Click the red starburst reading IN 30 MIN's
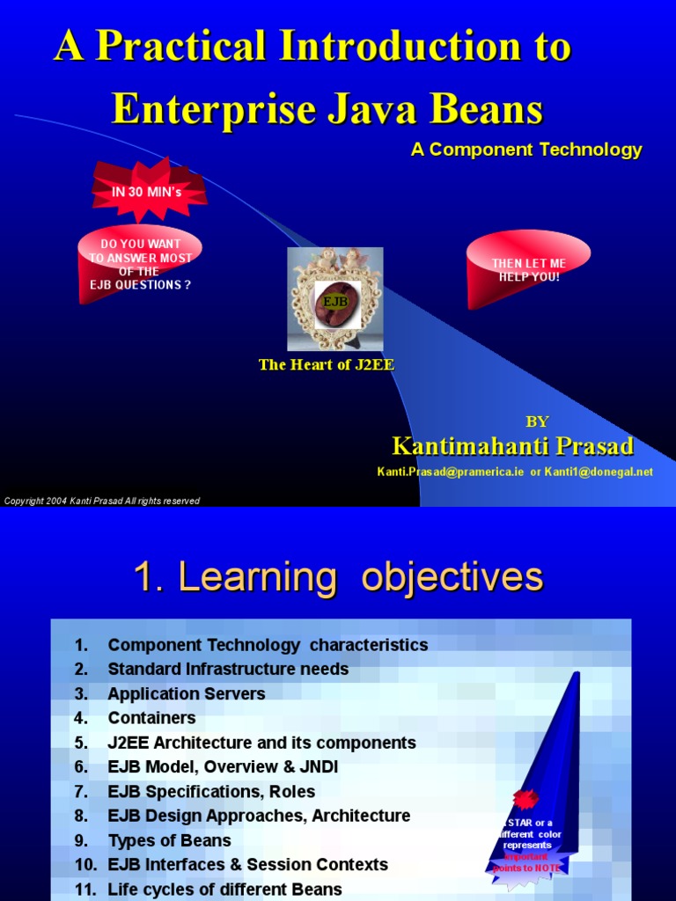pos(147,191)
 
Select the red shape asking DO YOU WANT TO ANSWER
pos(140,264)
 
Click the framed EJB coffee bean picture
pos(335,299)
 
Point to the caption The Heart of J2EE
pos(326,364)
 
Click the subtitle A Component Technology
pos(526,150)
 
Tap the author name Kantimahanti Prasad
pos(512,446)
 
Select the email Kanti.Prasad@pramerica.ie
pos(451,472)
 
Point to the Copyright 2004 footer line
pos(102,501)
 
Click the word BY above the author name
pos(537,421)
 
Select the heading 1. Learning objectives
pos(338,578)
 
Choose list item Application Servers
pos(186,693)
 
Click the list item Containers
pos(151,718)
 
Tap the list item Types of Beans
pos(169,840)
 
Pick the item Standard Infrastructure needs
pos(228,669)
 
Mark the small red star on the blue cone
pos(526,799)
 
